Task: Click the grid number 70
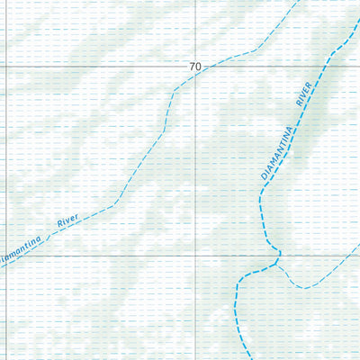(195, 67)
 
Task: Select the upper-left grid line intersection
(7, 67)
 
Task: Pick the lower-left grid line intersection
(7, 256)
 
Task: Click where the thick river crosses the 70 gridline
(332, 67)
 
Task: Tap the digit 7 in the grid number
(192, 67)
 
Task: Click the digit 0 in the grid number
(199, 67)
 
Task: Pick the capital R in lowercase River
(59, 225)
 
